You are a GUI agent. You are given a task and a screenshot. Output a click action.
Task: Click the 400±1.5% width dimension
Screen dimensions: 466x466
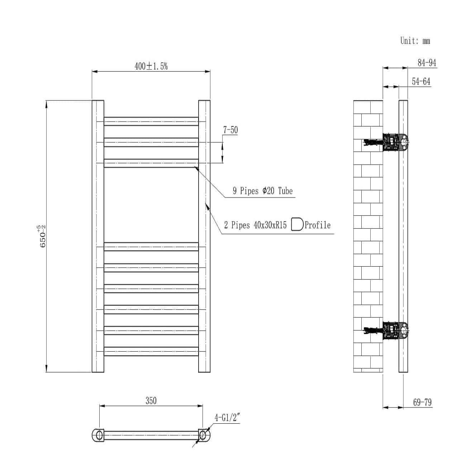point(151,66)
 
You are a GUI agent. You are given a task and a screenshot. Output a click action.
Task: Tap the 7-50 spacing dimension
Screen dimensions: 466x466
point(230,130)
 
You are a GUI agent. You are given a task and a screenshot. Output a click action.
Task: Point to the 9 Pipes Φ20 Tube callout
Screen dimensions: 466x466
point(262,191)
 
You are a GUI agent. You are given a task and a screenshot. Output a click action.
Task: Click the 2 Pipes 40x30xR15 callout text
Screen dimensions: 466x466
point(255,225)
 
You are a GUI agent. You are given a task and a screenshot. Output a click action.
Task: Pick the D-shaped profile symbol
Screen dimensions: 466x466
point(297,224)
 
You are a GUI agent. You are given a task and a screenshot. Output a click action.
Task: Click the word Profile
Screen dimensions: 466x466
point(318,225)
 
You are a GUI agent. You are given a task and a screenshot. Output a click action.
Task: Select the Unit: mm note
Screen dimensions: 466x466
point(415,41)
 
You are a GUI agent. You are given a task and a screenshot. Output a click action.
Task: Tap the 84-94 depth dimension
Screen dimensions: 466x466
point(427,63)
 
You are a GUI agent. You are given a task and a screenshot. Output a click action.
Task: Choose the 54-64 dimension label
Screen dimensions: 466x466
point(421,82)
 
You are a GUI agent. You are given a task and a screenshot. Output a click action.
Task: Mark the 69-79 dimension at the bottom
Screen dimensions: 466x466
point(422,403)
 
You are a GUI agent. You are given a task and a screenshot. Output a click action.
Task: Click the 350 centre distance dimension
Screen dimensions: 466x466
point(151,400)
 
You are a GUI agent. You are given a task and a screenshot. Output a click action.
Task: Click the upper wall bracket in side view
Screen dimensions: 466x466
point(394,142)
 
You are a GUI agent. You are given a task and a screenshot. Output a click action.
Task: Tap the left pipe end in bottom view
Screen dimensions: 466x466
point(98,435)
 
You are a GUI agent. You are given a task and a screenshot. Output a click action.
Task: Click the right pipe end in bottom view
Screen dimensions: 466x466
point(204,435)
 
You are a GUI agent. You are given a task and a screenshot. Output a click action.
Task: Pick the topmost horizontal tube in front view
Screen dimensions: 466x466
point(151,121)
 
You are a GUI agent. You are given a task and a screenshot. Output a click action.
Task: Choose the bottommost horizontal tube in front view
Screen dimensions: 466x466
point(151,351)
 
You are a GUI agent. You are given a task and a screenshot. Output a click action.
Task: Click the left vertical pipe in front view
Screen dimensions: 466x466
point(98,236)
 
